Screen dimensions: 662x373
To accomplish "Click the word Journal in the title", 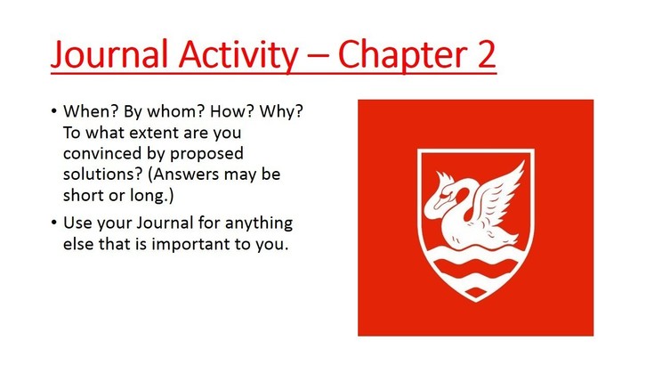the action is (109, 54).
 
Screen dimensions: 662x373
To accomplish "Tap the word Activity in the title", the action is (238, 55).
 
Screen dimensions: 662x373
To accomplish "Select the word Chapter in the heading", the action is (403, 55).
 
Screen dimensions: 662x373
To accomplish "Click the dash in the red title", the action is (319, 56).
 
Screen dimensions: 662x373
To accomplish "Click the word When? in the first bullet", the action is (90, 111).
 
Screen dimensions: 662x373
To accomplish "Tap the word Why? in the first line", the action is (281, 111).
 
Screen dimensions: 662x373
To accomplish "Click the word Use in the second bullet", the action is (77, 223).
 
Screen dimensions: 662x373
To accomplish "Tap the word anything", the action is (258, 223).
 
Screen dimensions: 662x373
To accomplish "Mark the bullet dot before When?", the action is (53, 111).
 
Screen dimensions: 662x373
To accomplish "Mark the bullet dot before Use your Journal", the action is (53, 223).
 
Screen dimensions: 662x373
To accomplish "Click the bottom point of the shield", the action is (476, 301).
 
